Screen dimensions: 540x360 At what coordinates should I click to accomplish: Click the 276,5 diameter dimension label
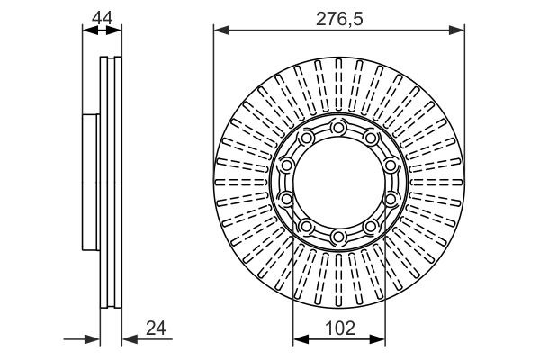(339, 19)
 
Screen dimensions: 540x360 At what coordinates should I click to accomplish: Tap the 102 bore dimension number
(339, 328)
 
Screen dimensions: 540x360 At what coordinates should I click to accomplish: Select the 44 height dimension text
(103, 18)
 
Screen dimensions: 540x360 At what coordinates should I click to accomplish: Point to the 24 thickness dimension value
(156, 328)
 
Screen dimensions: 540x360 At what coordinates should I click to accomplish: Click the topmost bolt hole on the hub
(338, 128)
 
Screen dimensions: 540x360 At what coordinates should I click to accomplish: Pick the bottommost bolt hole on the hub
(338, 237)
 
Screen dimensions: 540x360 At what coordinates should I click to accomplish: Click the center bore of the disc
(339, 182)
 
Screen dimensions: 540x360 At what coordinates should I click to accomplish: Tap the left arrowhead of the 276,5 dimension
(221, 31)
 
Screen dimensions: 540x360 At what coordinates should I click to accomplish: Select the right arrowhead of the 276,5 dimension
(456, 31)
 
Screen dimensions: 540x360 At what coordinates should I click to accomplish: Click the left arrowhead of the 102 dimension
(301, 339)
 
